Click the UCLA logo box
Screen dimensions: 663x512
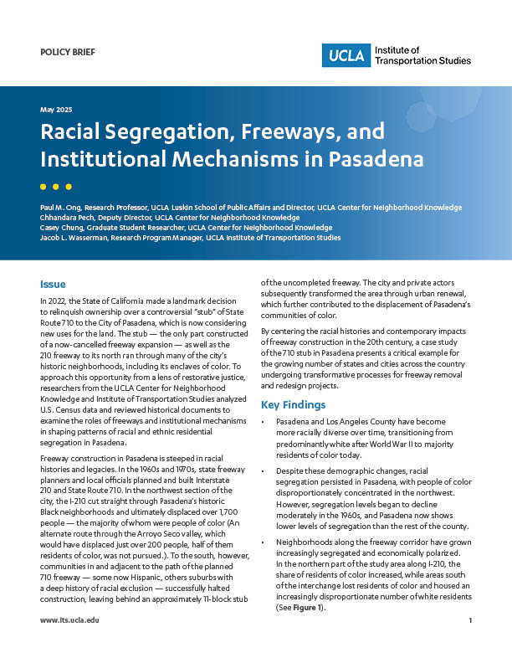click(342, 55)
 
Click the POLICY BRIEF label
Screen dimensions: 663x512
click(67, 52)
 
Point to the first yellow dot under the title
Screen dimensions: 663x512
click(44, 186)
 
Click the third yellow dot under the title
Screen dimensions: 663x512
click(69, 186)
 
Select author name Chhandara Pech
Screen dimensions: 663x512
click(65, 218)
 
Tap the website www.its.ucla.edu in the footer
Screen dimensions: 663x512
click(69, 644)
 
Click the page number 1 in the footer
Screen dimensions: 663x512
click(471, 644)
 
